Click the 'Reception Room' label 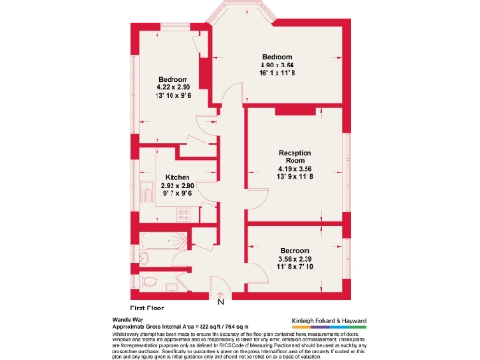293,157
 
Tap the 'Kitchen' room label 178,178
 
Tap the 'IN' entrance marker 220,302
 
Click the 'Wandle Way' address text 127,316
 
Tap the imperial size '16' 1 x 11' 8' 283,72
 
